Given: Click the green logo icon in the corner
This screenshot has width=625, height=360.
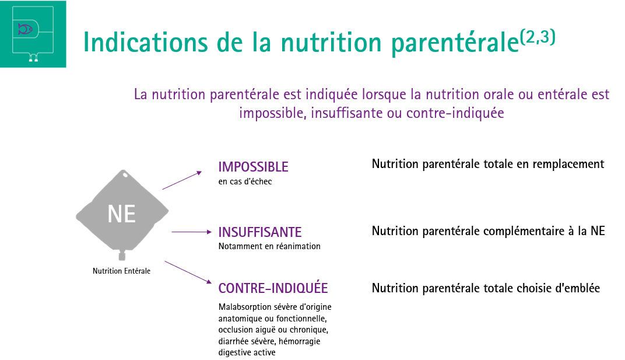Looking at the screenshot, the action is [x=33, y=34].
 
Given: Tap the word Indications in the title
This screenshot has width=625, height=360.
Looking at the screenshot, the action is [x=146, y=43].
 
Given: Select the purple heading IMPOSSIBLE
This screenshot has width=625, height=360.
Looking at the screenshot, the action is [x=253, y=167].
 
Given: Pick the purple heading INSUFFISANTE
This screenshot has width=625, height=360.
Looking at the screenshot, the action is [x=260, y=232].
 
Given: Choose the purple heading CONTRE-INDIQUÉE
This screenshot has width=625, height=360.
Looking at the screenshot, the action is [x=273, y=288].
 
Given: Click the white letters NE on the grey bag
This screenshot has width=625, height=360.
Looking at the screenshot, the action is [x=122, y=214].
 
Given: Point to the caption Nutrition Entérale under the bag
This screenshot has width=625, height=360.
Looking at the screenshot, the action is [x=122, y=271].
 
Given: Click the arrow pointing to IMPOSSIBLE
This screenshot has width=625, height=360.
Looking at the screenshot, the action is [x=182, y=180].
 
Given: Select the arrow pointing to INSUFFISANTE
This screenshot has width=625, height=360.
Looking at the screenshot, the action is [x=192, y=232].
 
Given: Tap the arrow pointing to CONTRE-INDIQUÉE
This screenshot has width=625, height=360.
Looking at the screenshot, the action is [x=188, y=272].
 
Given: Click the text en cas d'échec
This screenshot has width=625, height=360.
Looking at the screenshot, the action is [x=245, y=181].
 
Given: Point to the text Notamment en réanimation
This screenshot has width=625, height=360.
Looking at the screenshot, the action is [x=269, y=246].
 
